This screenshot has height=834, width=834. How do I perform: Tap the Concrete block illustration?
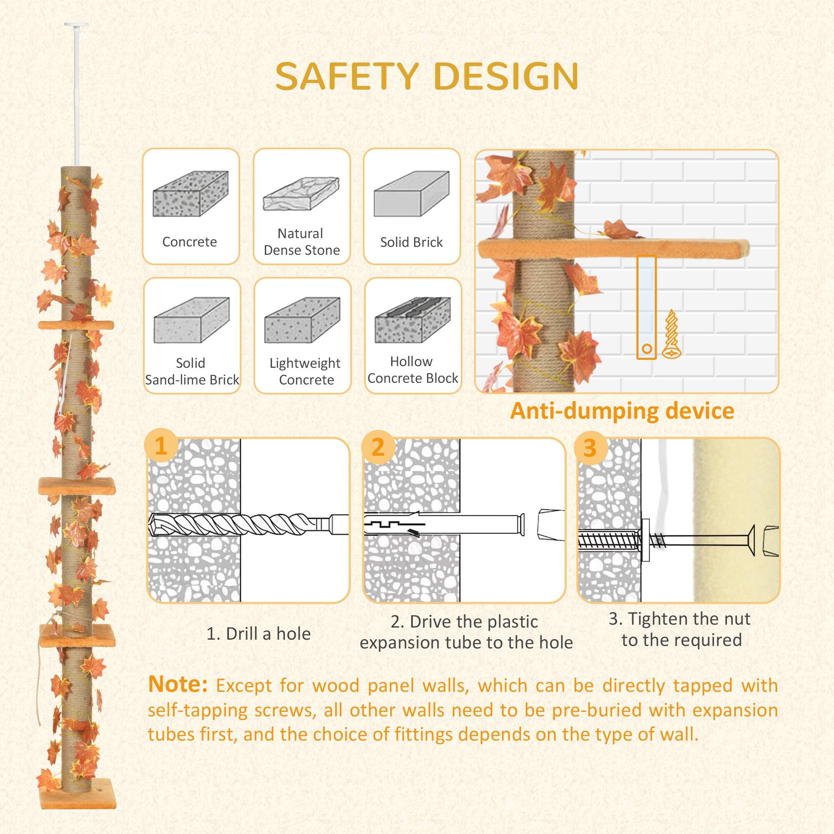coord(191,194)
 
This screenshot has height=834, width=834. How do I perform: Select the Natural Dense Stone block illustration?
coord(301,194)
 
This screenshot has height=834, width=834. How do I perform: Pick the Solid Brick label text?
coord(412,242)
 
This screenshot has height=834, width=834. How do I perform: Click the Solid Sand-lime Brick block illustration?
coord(191,320)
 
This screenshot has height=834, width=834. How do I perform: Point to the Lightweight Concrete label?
coord(305,371)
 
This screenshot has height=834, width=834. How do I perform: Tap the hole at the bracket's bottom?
coord(647,348)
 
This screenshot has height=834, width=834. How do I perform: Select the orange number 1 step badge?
coord(161,445)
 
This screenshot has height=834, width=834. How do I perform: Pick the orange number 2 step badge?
coord(378,447)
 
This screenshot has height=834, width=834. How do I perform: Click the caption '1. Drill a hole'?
coord(259,634)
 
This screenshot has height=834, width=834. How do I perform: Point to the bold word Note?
coord(177,685)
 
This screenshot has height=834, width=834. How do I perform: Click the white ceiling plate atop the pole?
coord(76,25)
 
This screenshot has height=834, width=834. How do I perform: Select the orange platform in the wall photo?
coord(613,249)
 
